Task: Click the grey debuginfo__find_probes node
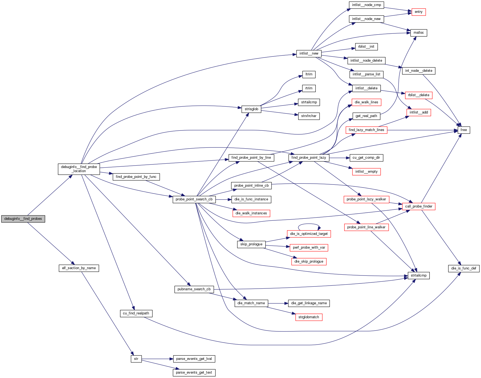pos(23,219)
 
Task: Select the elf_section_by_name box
pos(79,268)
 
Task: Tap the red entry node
pos(419,12)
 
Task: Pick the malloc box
pos(419,33)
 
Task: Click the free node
pos(464,130)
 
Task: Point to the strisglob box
pos(251,109)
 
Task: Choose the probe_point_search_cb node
pos(194,199)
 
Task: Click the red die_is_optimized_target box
pos(309,234)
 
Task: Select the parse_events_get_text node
pos(194,373)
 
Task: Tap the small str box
pos(136,359)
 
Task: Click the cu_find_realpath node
pos(136,313)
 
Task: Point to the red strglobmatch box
pos(309,317)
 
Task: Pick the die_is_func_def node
pos(463,268)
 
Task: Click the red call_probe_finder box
pos(419,206)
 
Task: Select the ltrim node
pos(309,74)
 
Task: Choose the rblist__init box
pos(366,47)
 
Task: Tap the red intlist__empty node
pos(366,172)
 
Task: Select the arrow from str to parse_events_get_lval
pos(157,359)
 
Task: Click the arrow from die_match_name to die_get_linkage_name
pos(278,303)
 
